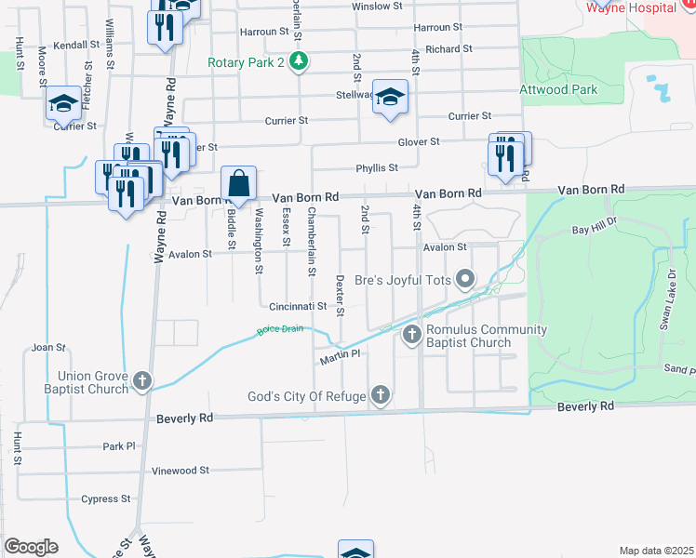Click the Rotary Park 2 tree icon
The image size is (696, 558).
click(x=298, y=62)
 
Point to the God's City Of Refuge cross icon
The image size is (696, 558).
click(x=380, y=397)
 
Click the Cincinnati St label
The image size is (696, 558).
click(x=298, y=306)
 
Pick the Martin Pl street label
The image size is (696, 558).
click(x=340, y=356)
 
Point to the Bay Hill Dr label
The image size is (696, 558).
click(x=594, y=228)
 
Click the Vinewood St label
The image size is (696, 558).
click(x=180, y=471)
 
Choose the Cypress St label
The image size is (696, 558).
click(x=106, y=498)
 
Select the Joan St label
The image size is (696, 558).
click(x=48, y=348)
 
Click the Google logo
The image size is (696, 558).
click(x=32, y=546)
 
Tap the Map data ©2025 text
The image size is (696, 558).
click(x=655, y=551)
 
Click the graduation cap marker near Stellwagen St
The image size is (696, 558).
click(x=390, y=97)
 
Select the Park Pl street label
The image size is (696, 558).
click(x=119, y=446)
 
